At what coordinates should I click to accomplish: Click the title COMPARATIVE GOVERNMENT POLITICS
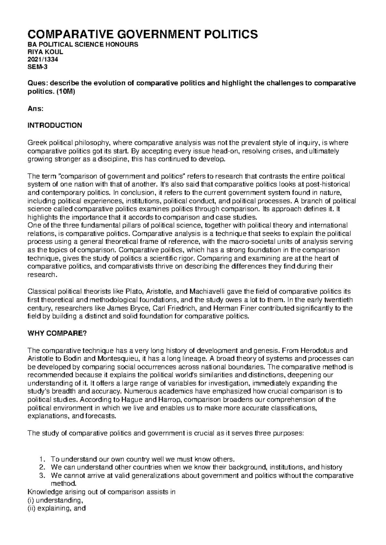(143, 34)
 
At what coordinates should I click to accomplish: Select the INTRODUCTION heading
(55, 125)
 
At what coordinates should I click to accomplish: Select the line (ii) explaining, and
(57, 509)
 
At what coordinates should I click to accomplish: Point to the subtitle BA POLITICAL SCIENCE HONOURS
(83, 44)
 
